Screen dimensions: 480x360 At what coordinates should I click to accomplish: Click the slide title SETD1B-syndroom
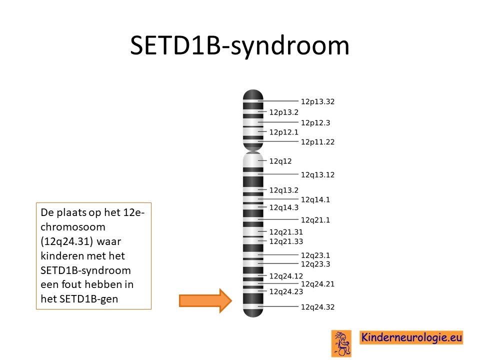click(239, 46)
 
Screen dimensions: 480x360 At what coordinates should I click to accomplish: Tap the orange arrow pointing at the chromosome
click(205, 300)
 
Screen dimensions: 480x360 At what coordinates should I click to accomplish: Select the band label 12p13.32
click(317, 101)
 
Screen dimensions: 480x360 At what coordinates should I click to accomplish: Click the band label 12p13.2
click(284, 112)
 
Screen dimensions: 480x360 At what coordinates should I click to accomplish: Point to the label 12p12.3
click(315, 123)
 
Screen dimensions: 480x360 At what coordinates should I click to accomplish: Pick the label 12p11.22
click(317, 142)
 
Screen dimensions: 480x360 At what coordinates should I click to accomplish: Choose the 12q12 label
click(280, 161)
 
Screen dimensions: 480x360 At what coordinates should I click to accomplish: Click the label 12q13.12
click(317, 175)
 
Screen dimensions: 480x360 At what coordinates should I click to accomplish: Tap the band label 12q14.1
click(315, 199)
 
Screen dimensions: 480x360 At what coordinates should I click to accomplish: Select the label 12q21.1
click(315, 220)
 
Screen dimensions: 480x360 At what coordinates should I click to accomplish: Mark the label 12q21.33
click(286, 241)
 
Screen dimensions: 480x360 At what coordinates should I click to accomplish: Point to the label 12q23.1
click(315, 255)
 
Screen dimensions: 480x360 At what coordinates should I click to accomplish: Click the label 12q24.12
click(286, 276)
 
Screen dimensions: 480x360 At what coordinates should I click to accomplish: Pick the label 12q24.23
click(286, 291)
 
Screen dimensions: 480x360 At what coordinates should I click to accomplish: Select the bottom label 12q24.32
click(317, 307)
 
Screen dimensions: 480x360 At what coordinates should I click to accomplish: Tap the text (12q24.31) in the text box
click(66, 241)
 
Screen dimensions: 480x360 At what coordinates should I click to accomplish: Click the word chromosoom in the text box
click(73, 227)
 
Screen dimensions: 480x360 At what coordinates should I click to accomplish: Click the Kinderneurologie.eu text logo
click(411, 337)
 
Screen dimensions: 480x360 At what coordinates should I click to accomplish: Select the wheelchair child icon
click(341, 343)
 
